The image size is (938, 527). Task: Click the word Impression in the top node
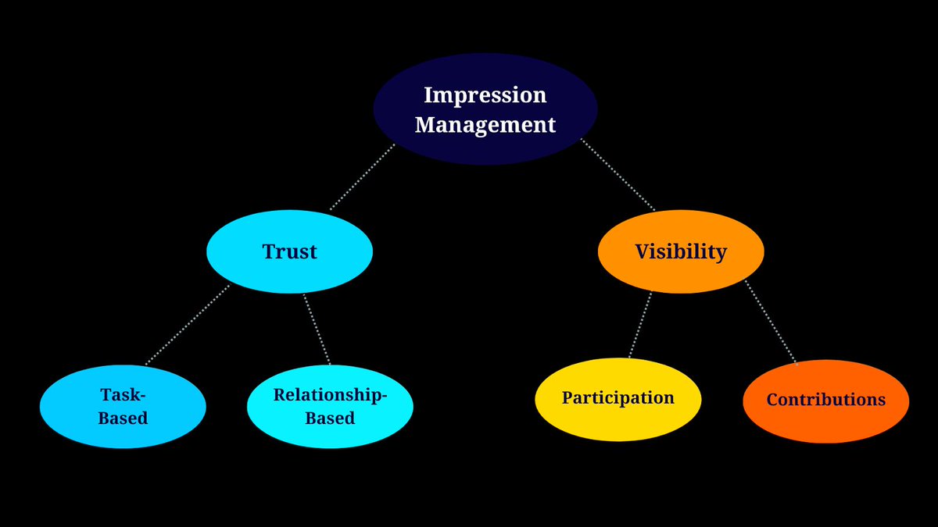[485, 95]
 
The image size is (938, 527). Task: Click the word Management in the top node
[485, 124]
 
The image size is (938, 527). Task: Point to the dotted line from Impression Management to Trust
[363, 177]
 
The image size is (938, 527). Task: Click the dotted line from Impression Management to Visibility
[618, 176]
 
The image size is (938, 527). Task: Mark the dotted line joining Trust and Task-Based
[188, 325]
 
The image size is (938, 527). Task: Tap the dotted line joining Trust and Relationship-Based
[317, 329]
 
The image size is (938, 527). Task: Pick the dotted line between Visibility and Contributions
[770, 322]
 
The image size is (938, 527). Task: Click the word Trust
[289, 251]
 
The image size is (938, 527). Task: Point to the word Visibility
[680, 251]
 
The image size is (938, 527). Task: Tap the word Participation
[618, 397]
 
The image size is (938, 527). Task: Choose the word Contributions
[825, 400]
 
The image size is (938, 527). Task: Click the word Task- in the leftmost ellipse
[123, 394]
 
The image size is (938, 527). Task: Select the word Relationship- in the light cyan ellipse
[330, 395]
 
